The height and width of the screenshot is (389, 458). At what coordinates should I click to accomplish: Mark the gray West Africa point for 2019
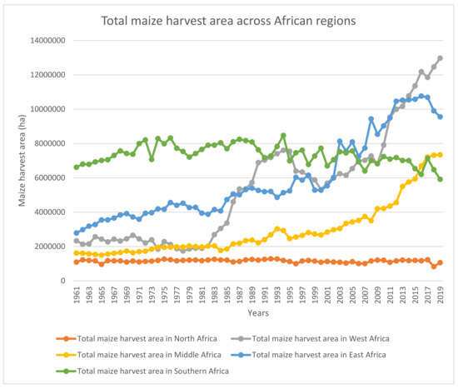tap(440, 58)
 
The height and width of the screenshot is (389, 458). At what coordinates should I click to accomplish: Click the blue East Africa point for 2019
tap(440, 117)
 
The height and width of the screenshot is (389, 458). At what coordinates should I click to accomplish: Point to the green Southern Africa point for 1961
tap(77, 167)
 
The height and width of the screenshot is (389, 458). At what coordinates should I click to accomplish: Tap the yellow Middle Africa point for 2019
tap(440, 155)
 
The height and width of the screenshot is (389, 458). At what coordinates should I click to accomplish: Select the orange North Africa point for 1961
tap(77, 262)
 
